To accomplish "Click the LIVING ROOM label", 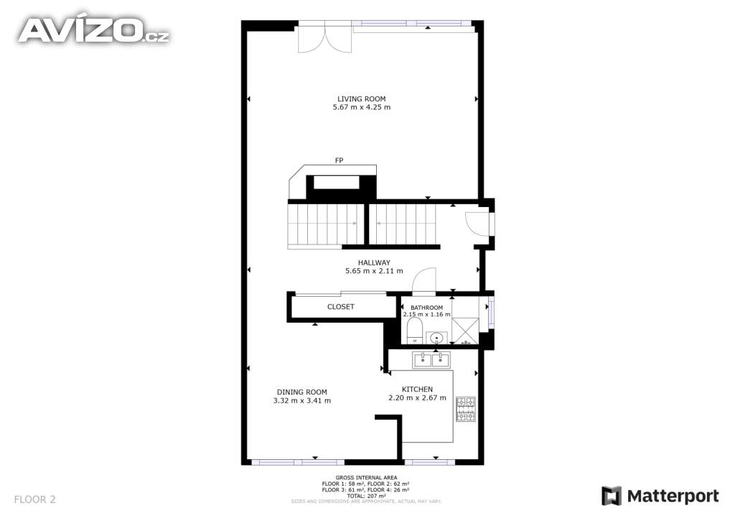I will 362,99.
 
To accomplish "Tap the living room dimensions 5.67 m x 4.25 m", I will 362,108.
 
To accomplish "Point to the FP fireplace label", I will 338,160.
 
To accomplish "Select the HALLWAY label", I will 374,263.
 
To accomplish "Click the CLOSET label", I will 341,307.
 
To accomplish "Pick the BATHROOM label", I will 426,308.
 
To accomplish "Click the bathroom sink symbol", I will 436,337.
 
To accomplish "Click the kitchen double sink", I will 431,359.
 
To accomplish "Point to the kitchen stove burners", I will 466,410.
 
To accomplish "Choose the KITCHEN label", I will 417,389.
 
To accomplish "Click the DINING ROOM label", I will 302,392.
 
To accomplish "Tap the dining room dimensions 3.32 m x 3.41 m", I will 302,401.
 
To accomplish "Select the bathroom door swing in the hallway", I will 426,281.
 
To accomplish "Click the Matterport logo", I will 660,496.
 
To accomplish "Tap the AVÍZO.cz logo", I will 93,30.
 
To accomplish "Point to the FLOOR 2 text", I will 34,499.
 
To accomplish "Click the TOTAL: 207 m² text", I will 366,496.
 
